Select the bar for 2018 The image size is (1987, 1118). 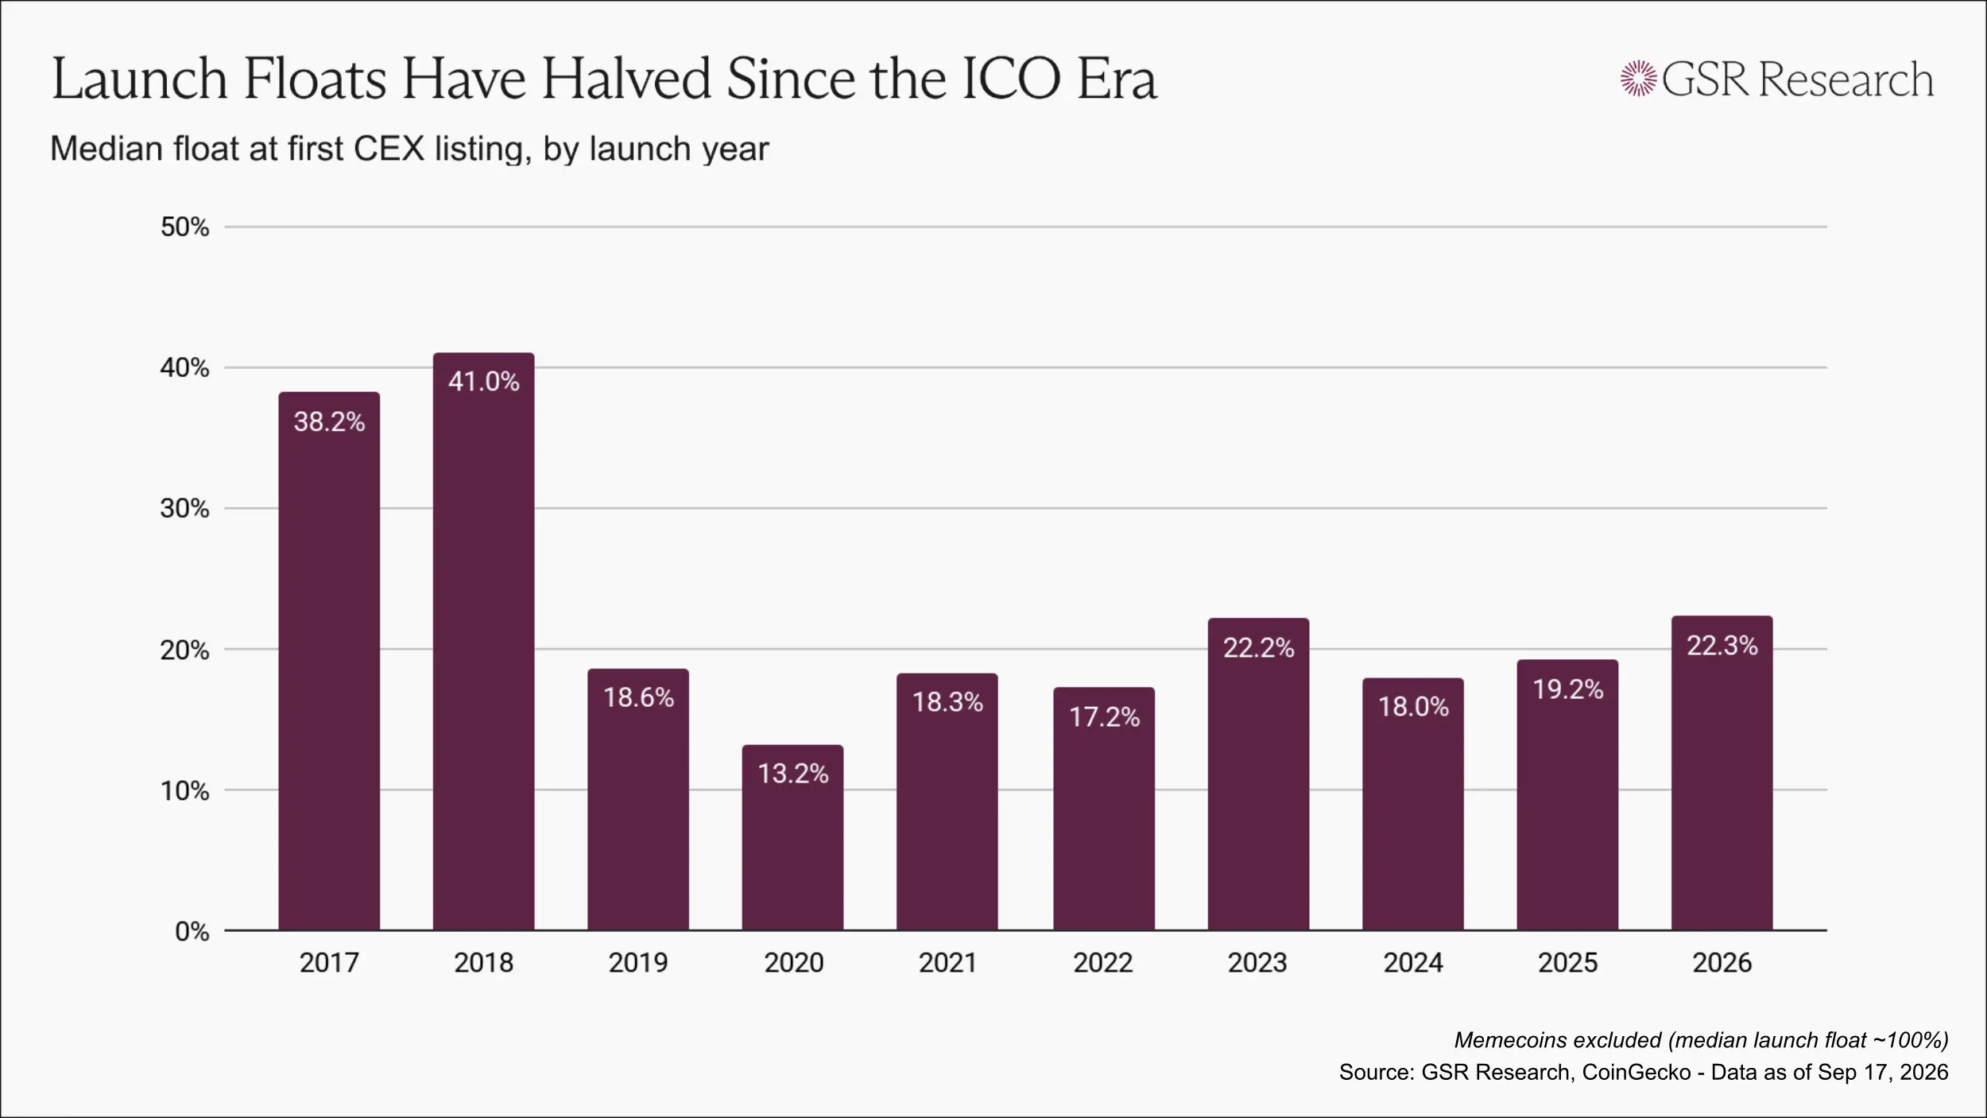483,642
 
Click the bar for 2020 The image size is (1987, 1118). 792,837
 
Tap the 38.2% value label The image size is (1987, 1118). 329,421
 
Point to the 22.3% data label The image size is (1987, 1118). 1722,645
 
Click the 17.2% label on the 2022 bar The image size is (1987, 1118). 1104,717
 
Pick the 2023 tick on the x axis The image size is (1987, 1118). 1257,963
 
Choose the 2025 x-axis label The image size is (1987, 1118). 1567,963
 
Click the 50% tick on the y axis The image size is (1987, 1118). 185,227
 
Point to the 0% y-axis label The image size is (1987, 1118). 192,931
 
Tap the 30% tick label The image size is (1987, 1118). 185,509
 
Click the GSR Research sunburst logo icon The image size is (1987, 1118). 1638,79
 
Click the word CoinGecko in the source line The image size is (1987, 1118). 1636,1072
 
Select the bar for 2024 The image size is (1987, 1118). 1412,804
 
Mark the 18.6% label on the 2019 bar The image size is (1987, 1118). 638,697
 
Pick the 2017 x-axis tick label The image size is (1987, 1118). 329,963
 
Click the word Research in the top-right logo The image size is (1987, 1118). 1846,80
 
